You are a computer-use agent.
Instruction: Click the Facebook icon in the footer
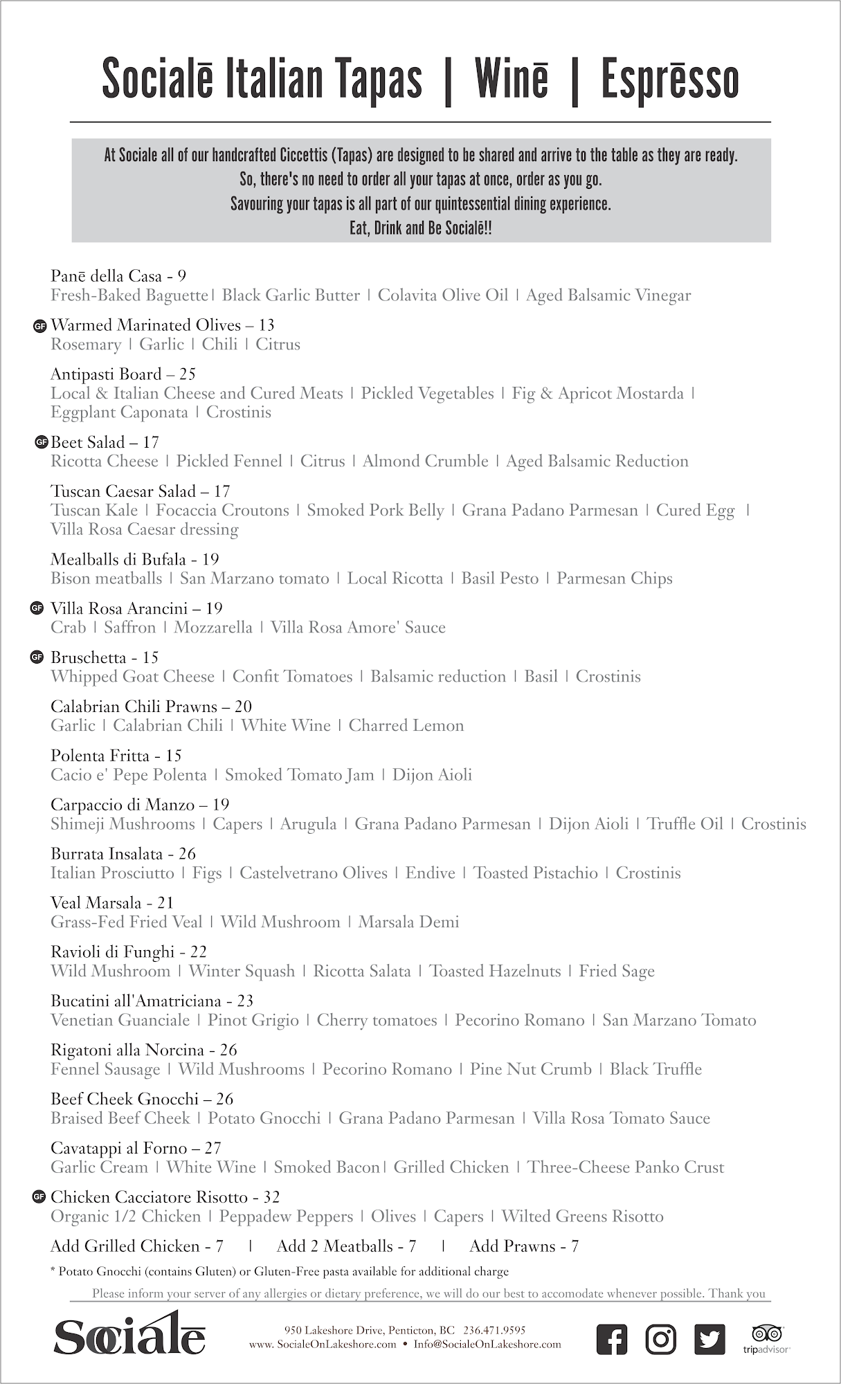pos(612,1339)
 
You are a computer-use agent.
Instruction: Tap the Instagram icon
pos(661,1339)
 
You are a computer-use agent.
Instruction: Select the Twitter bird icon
pos(709,1339)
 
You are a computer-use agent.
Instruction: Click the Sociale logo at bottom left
pos(129,1335)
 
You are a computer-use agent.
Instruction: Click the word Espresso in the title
pos(669,79)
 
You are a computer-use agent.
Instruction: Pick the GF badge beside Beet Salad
pos(42,441)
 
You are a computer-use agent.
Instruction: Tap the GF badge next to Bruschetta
pos(37,657)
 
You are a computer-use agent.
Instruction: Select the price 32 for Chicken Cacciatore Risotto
pos(271,1197)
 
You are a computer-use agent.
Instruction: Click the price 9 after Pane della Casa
pos(182,276)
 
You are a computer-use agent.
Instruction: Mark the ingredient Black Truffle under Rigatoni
pos(655,1069)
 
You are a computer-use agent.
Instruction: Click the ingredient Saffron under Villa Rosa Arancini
pos(129,628)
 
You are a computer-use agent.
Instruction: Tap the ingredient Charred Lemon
pos(406,726)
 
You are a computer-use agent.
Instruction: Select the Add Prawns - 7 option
pos(524,1246)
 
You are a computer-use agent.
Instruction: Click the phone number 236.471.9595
pos(494,1330)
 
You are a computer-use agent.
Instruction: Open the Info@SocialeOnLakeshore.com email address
pos(487,1345)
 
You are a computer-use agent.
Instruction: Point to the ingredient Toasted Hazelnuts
pos(495,972)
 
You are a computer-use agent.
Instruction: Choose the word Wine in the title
pos(512,79)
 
